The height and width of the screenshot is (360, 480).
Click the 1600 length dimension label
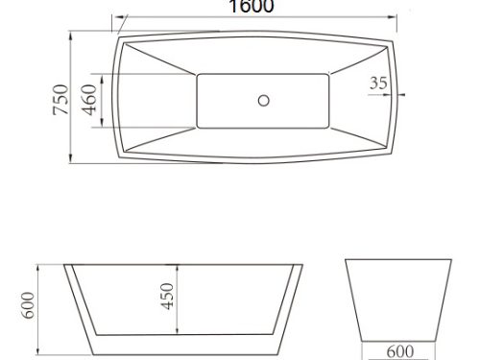(x=252, y=7)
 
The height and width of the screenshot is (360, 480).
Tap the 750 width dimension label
(x=60, y=99)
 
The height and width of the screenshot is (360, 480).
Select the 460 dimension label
(x=89, y=100)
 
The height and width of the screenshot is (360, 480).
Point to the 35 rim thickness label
(x=378, y=83)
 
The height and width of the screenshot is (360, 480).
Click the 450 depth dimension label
(x=167, y=297)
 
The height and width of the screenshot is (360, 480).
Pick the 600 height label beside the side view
(x=28, y=305)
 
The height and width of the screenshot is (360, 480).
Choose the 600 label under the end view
(x=400, y=351)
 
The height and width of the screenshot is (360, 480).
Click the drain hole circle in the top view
(x=264, y=101)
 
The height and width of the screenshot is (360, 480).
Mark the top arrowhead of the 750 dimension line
(x=71, y=36)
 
